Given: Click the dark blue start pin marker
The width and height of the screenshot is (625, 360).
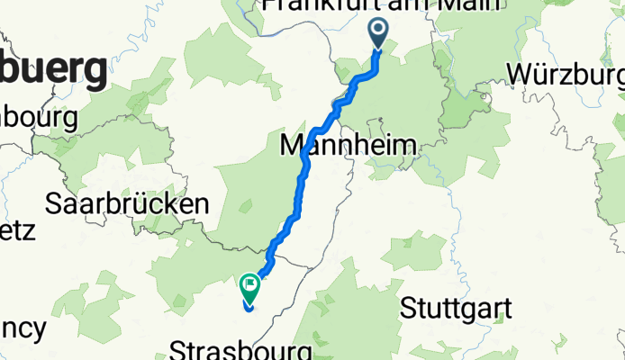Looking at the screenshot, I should coord(376,34).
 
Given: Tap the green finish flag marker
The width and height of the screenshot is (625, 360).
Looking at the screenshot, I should coord(249,287).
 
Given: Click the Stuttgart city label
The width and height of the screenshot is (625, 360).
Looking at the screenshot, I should coord(456,309).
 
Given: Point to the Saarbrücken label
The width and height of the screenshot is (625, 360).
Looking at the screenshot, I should coord(127,203).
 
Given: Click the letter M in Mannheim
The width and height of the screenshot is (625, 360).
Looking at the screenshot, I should coord(293,144).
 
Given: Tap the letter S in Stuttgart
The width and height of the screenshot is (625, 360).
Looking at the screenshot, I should coord(406,309).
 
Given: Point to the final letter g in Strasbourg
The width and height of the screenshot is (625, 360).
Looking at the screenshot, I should coord(305,351).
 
